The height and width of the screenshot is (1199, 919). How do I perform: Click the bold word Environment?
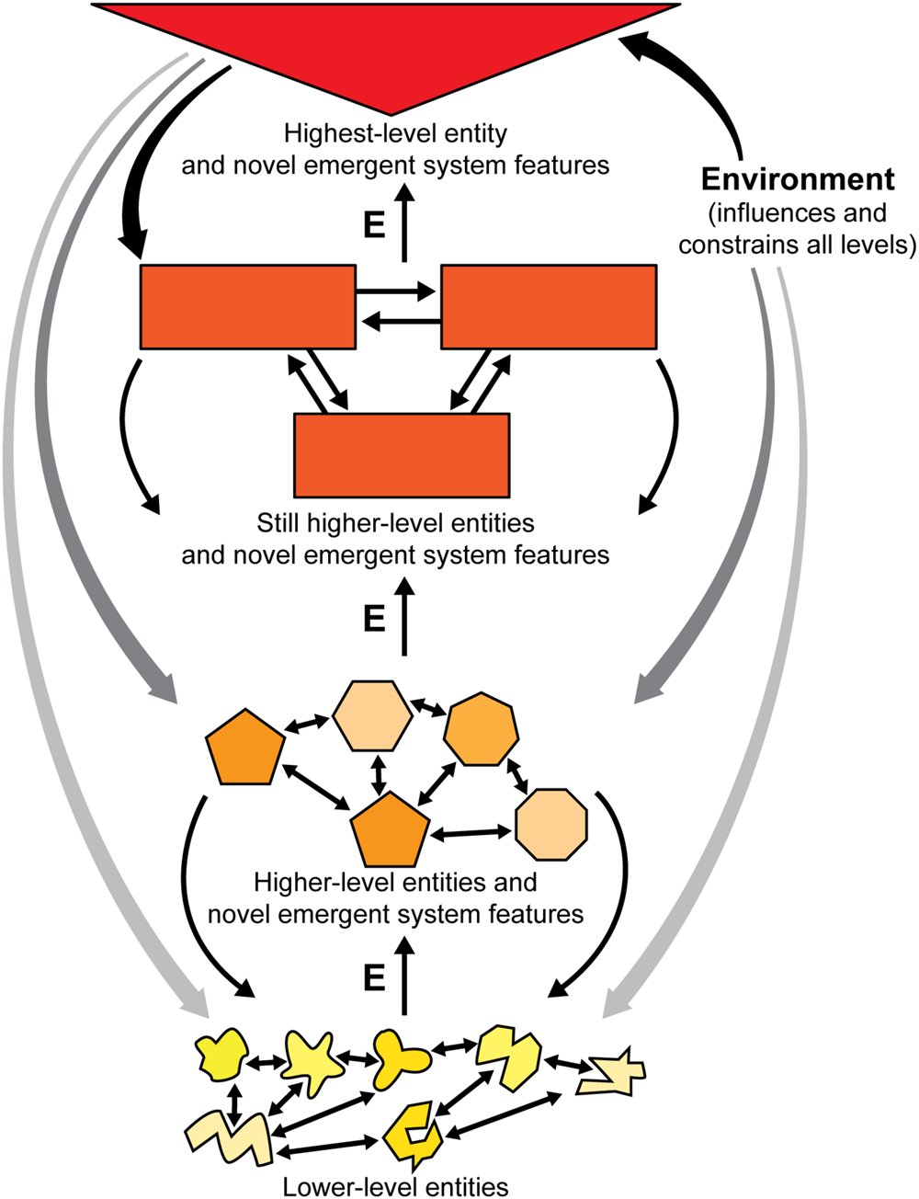click(x=798, y=178)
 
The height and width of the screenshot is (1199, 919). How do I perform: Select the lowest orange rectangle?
click(x=402, y=455)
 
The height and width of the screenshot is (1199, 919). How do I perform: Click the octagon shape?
click(x=551, y=824)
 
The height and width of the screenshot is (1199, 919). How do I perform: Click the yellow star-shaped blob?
click(x=312, y=1062)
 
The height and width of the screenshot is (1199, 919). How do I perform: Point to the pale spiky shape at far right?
click(x=611, y=1074)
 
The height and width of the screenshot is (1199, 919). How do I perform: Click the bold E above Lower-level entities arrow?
click(x=374, y=978)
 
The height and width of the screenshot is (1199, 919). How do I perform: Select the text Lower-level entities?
click(x=395, y=1186)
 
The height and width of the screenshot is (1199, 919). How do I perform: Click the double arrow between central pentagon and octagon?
click(x=472, y=832)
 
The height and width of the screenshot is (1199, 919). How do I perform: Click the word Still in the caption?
click(x=276, y=523)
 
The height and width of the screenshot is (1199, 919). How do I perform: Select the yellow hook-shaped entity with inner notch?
click(x=411, y=1129)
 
